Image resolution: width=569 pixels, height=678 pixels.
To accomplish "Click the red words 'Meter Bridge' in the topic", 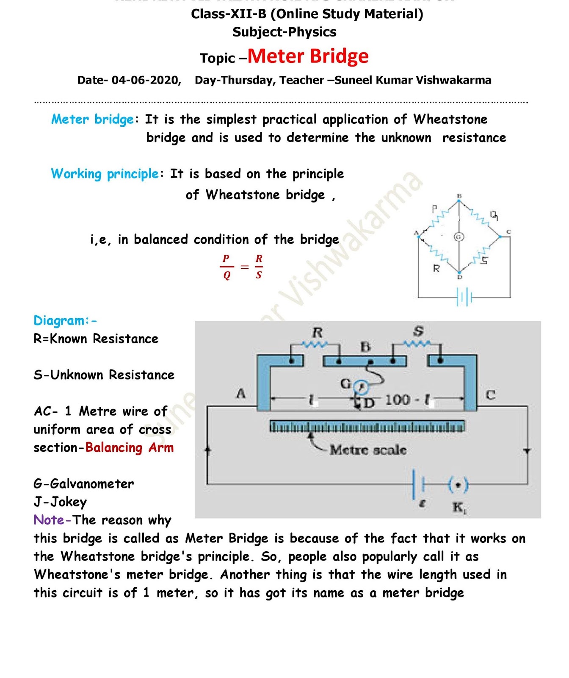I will [x=308, y=56].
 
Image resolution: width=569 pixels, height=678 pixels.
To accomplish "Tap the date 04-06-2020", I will [x=146, y=80].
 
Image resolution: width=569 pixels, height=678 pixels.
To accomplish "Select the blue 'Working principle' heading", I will [x=105, y=174].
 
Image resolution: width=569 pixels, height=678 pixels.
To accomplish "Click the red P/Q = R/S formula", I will [x=242, y=267].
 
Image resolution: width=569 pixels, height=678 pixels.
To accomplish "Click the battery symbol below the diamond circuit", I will [x=464, y=297].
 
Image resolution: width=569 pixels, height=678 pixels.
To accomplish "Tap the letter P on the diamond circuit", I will [x=434, y=209].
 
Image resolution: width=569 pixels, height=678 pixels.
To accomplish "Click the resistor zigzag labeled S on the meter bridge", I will [x=417, y=343].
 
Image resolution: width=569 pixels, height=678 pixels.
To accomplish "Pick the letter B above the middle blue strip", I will [x=365, y=347].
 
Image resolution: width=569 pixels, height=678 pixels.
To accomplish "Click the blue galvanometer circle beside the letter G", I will [x=362, y=386].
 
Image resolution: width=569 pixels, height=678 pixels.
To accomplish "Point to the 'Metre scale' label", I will [x=368, y=450].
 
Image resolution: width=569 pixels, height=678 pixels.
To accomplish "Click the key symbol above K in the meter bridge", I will [x=458, y=485].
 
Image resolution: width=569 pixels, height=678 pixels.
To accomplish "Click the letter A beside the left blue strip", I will [x=240, y=394].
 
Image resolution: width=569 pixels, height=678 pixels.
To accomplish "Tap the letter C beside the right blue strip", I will [x=490, y=395].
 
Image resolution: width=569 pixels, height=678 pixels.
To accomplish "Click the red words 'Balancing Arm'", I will [x=130, y=447].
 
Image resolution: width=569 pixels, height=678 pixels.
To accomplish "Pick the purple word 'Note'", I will [x=49, y=520].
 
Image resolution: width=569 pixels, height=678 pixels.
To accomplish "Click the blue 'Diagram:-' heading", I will [x=65, y=320].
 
